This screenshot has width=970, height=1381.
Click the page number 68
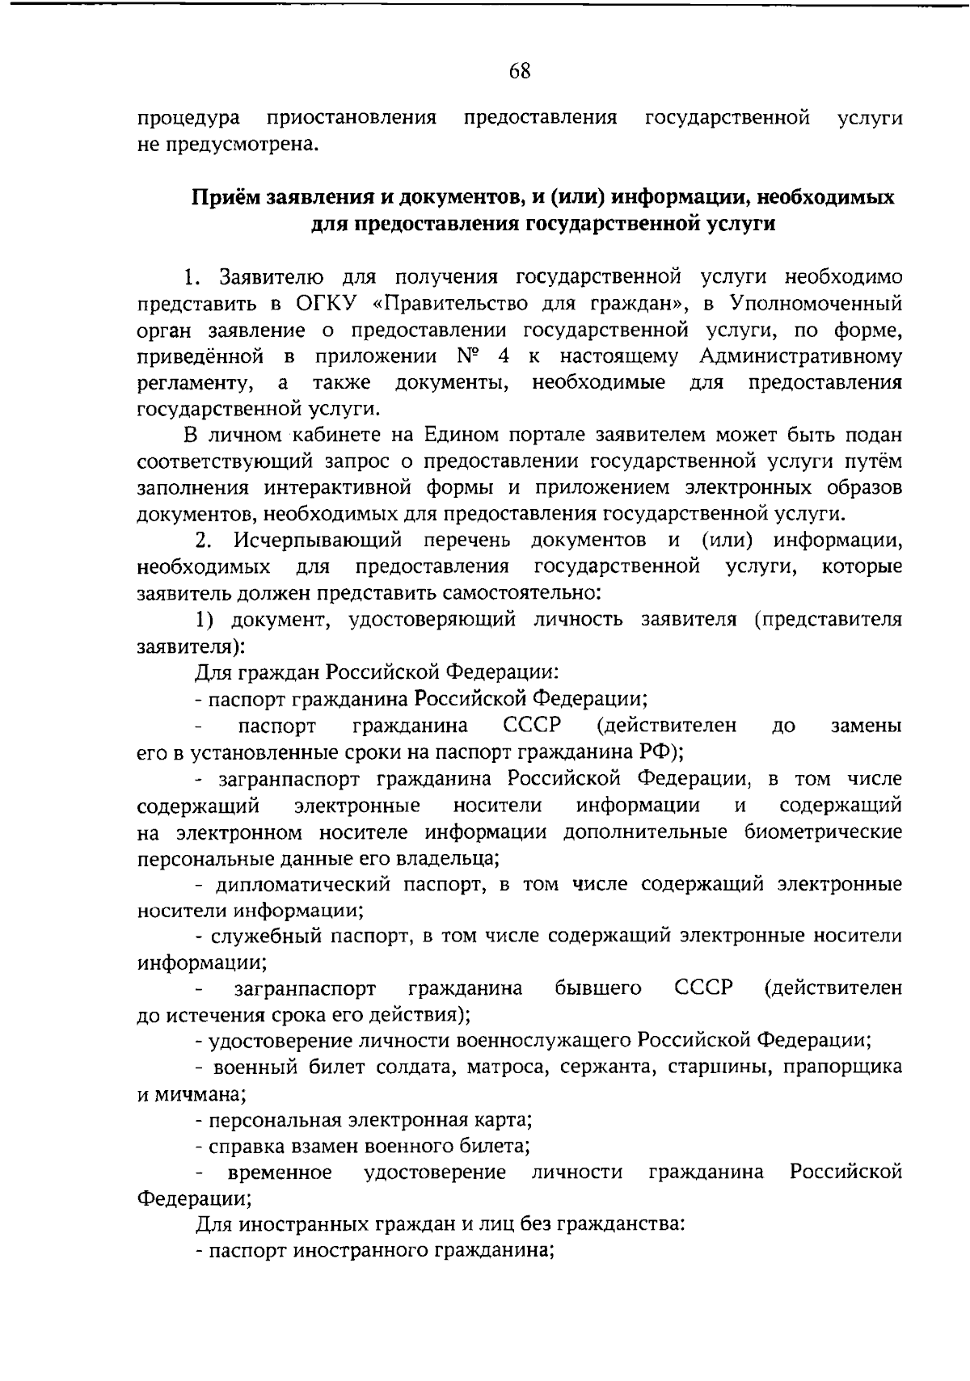[520, 71]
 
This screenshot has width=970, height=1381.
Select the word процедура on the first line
[188, 119]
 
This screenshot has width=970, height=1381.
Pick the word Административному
[800, 356]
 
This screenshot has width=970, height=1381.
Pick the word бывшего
[599, 988]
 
